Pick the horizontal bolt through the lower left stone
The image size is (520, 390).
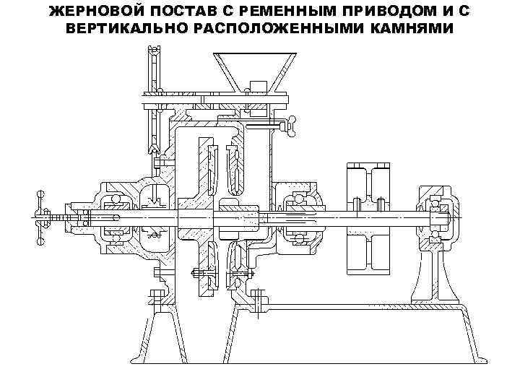201,274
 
